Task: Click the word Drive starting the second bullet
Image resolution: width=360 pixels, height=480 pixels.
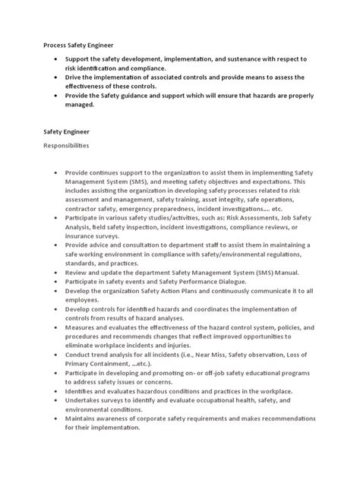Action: click(x=76, y=77)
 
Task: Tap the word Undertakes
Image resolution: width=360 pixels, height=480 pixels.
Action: click(x=87, y=400)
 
